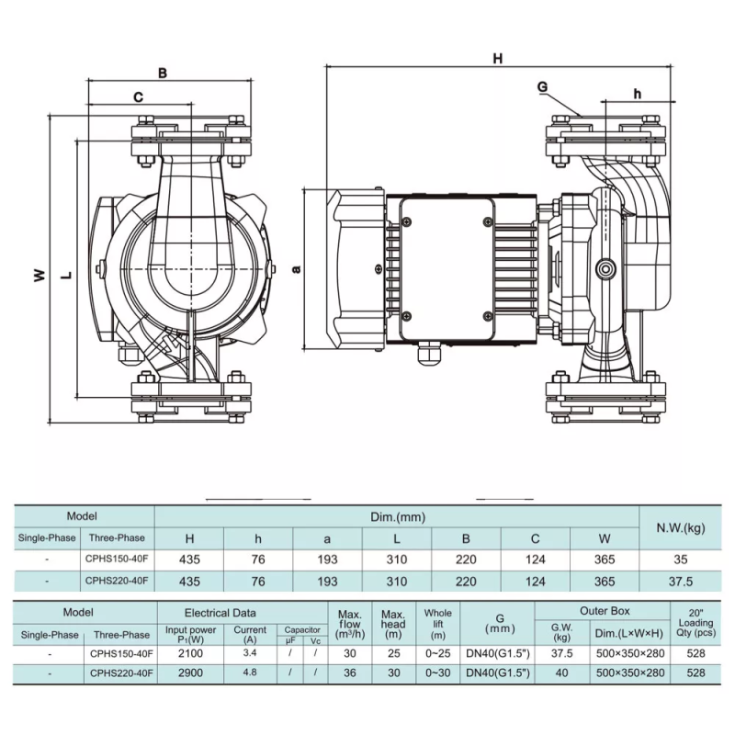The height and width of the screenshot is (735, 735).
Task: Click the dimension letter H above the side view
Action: (498, 59)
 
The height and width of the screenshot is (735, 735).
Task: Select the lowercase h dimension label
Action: (637, 93)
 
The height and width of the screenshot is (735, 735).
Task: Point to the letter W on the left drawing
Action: (39, 274)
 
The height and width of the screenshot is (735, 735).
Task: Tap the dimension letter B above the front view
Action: (162, 72)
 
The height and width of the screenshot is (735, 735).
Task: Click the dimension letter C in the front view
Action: (139, 96)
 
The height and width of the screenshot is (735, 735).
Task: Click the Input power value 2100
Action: (190, 653)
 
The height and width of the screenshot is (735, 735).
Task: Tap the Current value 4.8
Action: (250, 673)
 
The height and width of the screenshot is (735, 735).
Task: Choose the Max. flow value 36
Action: (349, 673)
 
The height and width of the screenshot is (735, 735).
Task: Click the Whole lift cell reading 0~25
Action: (438, 653)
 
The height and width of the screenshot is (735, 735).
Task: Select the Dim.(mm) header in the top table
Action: (397, 518)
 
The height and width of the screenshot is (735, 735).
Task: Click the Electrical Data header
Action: (220, 613)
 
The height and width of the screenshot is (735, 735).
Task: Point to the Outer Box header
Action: (605, 612)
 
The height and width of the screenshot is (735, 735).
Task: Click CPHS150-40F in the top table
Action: (116, 558)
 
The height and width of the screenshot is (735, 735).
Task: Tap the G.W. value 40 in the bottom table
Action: (562, 673)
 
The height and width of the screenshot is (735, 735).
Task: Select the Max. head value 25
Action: (393, 653)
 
